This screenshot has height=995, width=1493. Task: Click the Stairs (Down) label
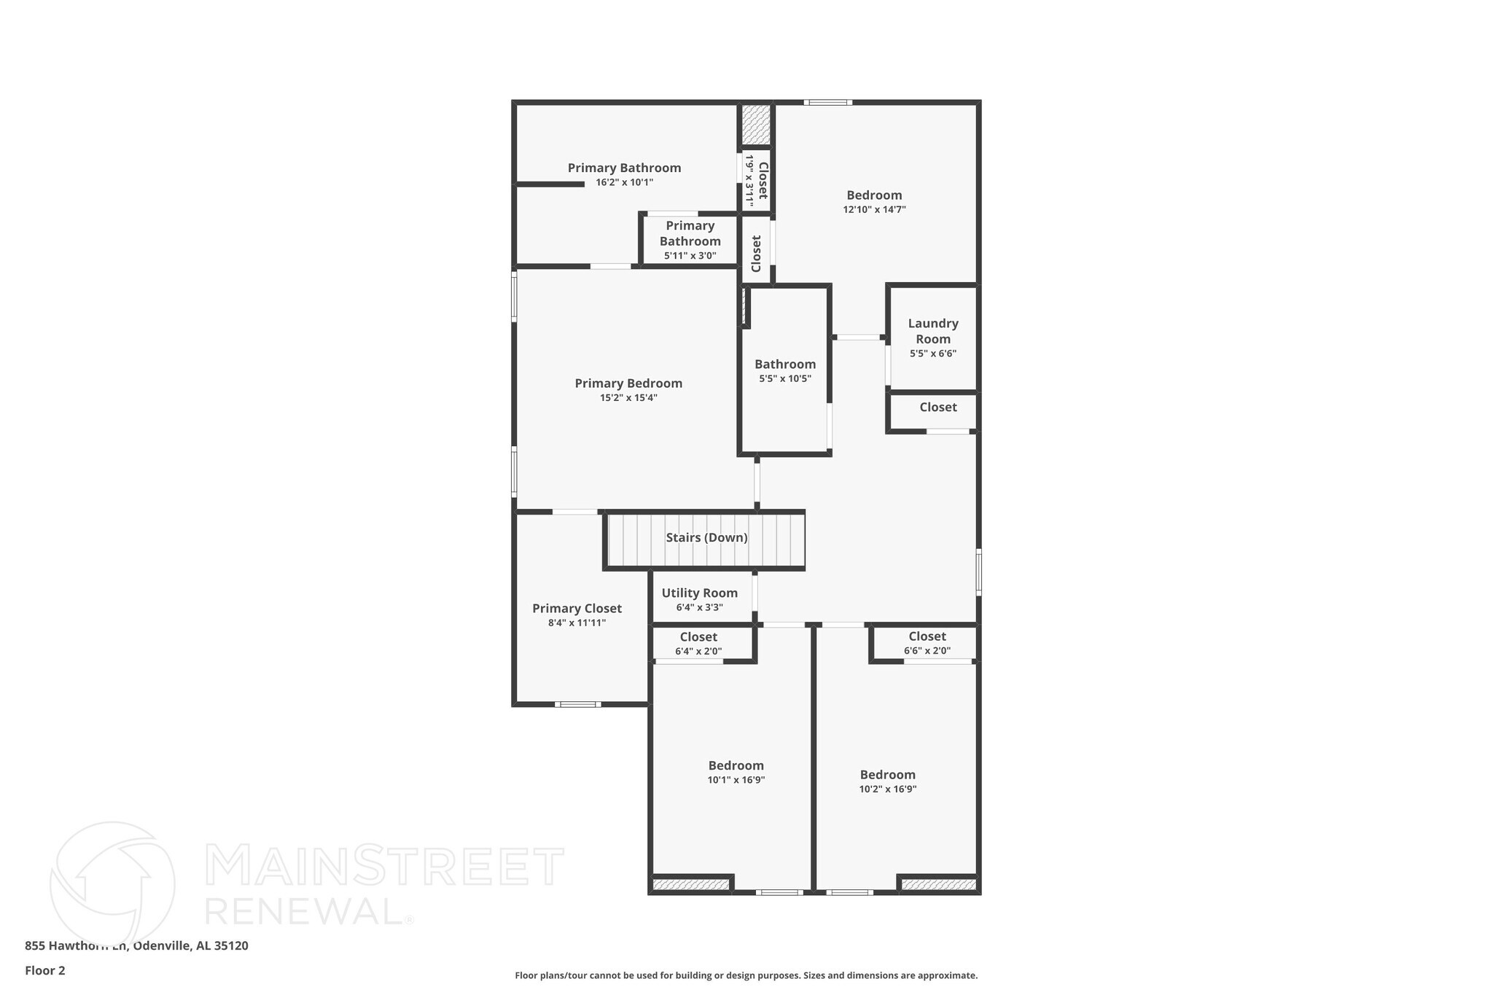[x=706, y=538]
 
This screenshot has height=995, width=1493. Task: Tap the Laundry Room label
[x=933, y=331]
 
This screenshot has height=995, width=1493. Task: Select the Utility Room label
[x=700, y=593]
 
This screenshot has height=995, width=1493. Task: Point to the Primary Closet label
[x=577, y=609]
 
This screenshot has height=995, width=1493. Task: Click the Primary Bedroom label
[x=628, y=383]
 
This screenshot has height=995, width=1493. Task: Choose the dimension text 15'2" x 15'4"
[x=628, y=398]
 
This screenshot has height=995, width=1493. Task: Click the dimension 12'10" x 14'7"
[x=874, y=210]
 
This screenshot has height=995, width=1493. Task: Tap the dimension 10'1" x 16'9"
[x=736, y=780]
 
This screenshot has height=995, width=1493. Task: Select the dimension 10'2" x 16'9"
[x=887, y=789]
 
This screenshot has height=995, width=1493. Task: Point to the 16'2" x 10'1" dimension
[x=624, y=183]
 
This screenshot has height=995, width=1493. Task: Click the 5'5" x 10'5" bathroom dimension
[x=785, y=379]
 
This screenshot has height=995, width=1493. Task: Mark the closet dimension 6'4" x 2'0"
[x=698, y=652]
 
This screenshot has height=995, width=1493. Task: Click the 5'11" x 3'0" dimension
[x=690, y=257]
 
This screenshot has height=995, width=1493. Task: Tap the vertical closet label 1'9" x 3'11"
[x=749, y=180]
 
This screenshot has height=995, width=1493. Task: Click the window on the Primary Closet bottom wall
[x=577, y=704]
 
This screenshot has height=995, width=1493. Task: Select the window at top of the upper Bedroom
[x=827, y=103]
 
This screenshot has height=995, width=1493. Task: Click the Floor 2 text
[x=45, y=971]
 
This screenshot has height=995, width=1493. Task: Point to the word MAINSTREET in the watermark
[x=384, y=866]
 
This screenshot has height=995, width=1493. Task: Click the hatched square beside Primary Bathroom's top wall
[x=756, y=125]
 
